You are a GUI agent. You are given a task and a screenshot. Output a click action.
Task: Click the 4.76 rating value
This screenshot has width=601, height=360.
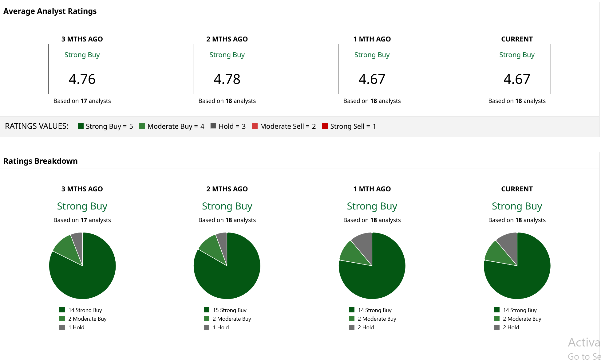point(82,79)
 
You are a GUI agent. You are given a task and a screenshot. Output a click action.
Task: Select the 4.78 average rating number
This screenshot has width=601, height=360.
point(227,79)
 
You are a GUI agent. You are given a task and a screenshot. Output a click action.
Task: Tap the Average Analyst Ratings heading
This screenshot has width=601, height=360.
point(50,11)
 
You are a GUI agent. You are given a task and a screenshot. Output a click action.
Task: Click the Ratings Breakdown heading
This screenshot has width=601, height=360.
point(41,161)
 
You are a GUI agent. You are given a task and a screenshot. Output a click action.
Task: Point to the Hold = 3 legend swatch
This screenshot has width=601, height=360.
point(213,126)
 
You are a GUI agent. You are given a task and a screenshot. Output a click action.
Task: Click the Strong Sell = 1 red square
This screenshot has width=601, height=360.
point(325,126)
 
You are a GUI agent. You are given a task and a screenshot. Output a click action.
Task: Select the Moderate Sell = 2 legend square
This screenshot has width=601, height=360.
point(255,126)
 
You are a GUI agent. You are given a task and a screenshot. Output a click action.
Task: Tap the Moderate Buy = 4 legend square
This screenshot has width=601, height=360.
point(142,126)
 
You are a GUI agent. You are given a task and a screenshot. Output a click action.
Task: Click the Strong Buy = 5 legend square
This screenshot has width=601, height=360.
point(81,126)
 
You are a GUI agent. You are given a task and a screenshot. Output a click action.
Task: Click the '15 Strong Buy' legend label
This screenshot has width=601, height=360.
point(230,310)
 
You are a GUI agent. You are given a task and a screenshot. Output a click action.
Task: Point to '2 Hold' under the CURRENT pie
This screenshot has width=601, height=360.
point(511,327)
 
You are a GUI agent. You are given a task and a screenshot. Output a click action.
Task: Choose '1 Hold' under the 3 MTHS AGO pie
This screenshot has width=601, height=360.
point(76,327)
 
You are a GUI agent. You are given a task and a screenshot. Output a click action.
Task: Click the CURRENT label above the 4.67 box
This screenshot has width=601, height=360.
point(517,39)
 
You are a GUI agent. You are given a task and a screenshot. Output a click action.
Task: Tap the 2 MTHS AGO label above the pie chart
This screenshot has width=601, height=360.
point(227,189)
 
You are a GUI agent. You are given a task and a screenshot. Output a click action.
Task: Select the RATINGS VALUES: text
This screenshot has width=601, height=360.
point(37,126)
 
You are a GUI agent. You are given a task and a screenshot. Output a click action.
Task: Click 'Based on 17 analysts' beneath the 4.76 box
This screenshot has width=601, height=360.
point(82,101)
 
